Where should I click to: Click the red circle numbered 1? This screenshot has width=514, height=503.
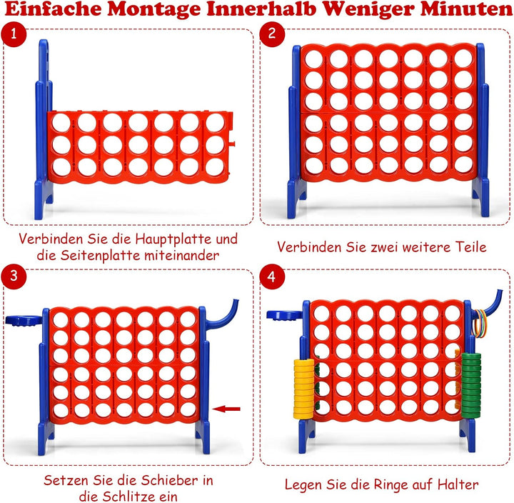[x=14, y=34]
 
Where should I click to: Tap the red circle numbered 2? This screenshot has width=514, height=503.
[x=272, y=34]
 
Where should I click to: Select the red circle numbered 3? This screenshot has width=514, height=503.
[x=14, y=277]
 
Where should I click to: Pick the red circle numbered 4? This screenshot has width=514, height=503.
[x=272, y=277]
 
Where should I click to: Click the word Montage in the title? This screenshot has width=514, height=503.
[x=154, y=10]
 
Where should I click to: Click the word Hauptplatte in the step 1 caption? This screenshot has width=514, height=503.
[x=174, y=239]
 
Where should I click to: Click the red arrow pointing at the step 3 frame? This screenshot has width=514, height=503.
[x=226, y=409]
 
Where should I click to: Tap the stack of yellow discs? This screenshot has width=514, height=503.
[x=304, y=389]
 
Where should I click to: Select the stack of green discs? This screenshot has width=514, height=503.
[x=471, y=385]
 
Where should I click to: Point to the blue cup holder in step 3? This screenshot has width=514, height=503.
[x=24, y=320]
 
